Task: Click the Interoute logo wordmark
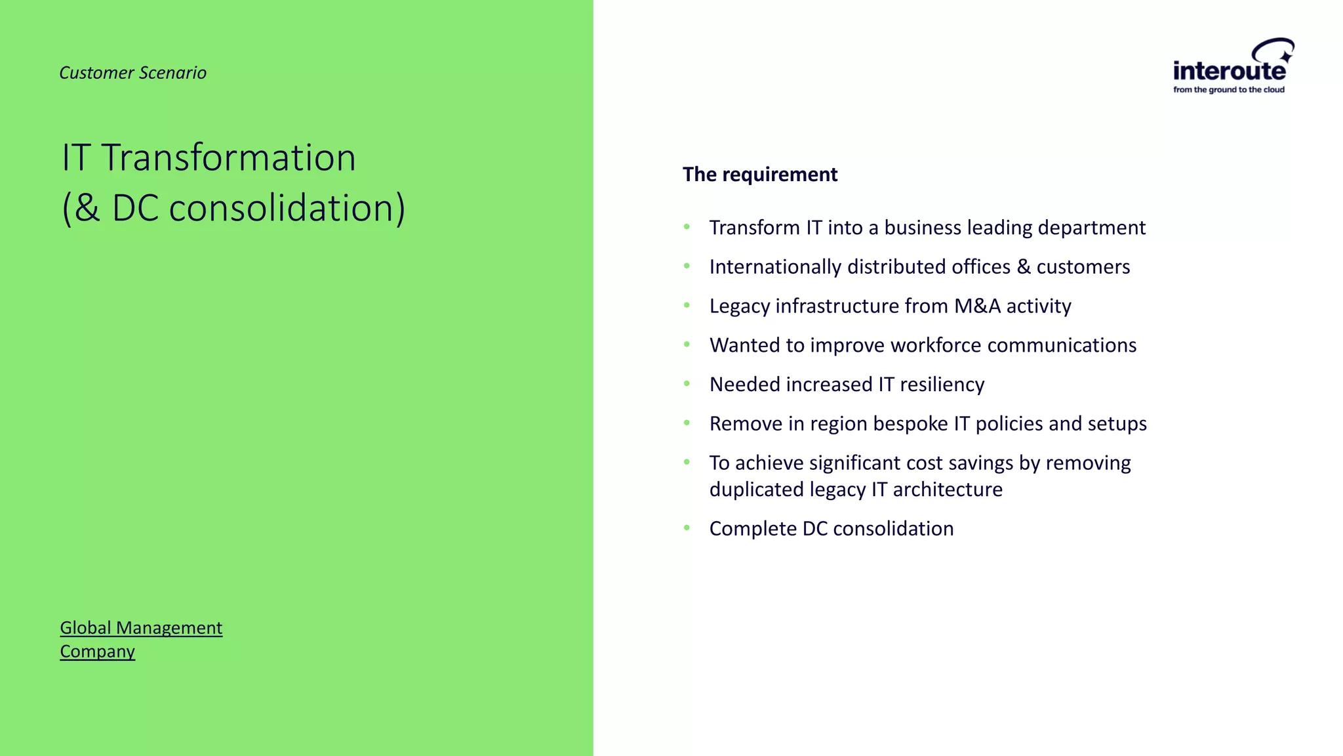coord(1229,70)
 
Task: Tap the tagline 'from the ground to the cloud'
coord(1228,90)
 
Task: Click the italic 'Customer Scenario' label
coord(132,73)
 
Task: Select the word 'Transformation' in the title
coord(228,158)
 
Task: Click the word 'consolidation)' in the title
coord(287,208)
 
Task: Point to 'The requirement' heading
coord(759,175)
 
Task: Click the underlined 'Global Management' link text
coord(141,628)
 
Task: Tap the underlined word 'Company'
coord(97,652)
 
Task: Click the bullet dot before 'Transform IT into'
coord(687,227)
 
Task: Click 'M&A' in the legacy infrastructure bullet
coord(977,306)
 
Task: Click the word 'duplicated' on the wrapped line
coord(756,490)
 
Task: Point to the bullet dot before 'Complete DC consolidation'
coord(687,528)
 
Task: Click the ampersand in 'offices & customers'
coord(1023,267)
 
